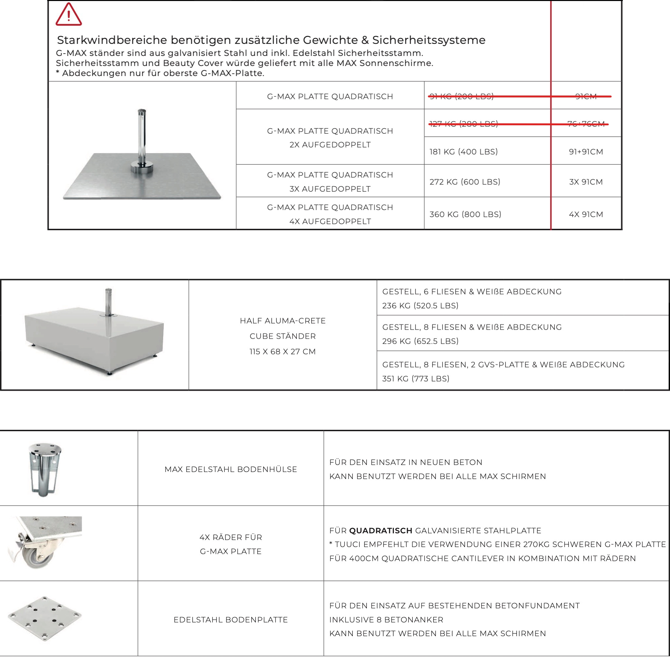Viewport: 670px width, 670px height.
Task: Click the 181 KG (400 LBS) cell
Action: [463, 151]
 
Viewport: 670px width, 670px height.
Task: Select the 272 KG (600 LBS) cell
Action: [465, 182]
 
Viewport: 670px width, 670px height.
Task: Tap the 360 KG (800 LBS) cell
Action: [465, 214]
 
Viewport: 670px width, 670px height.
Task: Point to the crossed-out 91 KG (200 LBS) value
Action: [461, 96]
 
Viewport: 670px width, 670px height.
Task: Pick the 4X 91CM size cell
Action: [586, 214]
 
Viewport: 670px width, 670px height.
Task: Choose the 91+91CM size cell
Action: [586, 151]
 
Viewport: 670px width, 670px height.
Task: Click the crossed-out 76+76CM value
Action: [586, 124]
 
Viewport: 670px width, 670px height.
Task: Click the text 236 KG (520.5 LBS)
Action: [420, 306]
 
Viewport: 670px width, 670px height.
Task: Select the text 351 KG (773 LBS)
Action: [415, 378]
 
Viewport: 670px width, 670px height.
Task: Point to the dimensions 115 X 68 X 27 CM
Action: [282, 351]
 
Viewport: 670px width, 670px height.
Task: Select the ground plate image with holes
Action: [45, 618]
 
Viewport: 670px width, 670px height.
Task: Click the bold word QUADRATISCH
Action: [381, 530]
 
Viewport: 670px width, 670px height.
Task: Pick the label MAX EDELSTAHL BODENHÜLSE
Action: [230, 469]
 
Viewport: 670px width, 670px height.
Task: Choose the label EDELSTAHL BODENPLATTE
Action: [230, 620]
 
